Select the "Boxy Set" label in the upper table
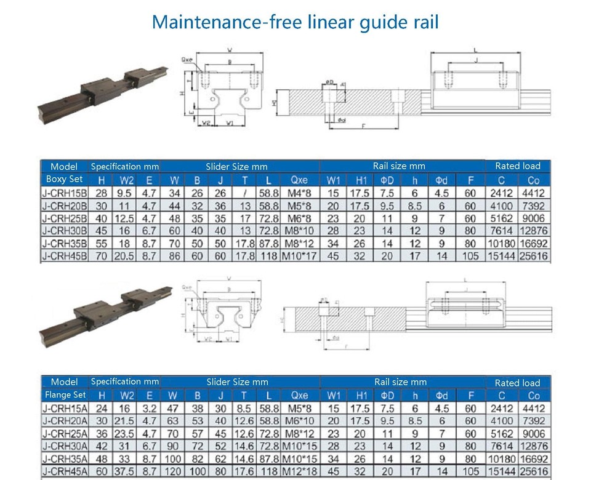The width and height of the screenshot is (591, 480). pyautogui.click(x=64, y=180)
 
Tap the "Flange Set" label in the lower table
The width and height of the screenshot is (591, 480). pyautogui.click(x=66, y=395)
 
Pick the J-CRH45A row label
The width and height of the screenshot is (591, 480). pyautogui.click(x=65, y=471)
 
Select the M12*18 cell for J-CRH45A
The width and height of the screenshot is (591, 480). pyautogui.click(x=299, y=471)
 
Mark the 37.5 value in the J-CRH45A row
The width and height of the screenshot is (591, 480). pyautogui.click(x=127, y=471)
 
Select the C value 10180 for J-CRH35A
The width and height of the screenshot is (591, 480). pyautogui.click(x=501, y=458)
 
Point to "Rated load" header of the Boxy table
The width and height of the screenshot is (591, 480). pyautogui.click(x=518, y=166)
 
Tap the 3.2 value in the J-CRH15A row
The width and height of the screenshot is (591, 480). pyautogui.click(x=149, y=409)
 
